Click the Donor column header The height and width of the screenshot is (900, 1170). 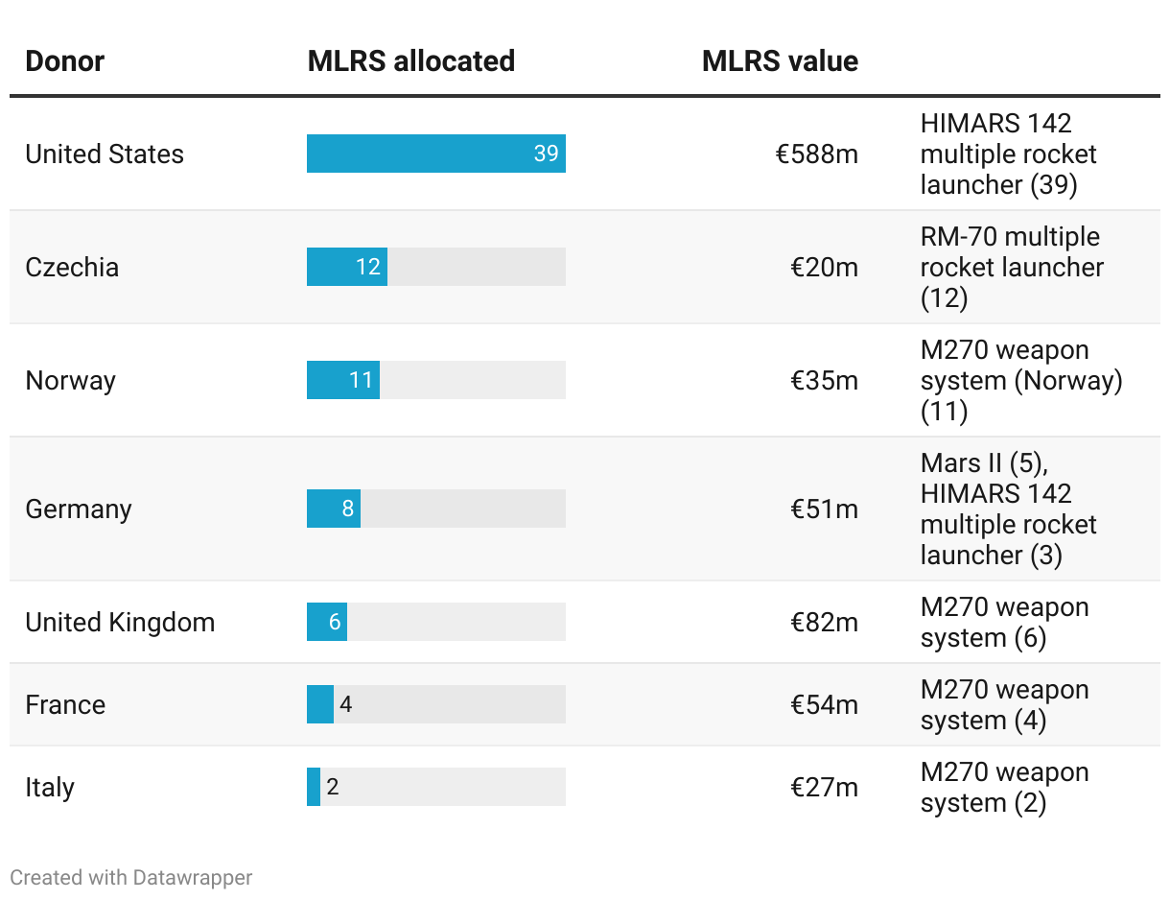pos(64,61)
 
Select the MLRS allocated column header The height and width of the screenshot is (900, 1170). pos(410,61)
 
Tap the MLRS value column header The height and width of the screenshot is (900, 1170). pos(780,61)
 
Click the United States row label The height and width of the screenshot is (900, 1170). pos(105,154)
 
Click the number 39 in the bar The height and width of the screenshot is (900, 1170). pos(546,154)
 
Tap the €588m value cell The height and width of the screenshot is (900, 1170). pos(816,154)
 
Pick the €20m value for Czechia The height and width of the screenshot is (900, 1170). pos(824,267)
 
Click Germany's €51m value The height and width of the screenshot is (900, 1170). pos(824,509)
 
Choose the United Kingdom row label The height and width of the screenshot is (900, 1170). pos(120,622)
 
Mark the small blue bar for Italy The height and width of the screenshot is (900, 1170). pos(314,787)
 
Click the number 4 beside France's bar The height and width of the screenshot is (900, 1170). pos(346,704)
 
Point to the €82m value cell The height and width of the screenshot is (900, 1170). pos(824,622)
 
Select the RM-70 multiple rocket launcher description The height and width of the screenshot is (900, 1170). pos(1010,267)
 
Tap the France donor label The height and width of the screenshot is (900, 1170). pos(65,704)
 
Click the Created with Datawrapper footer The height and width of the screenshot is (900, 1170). pos(131,877)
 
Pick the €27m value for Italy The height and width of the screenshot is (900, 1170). pos(824,787)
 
